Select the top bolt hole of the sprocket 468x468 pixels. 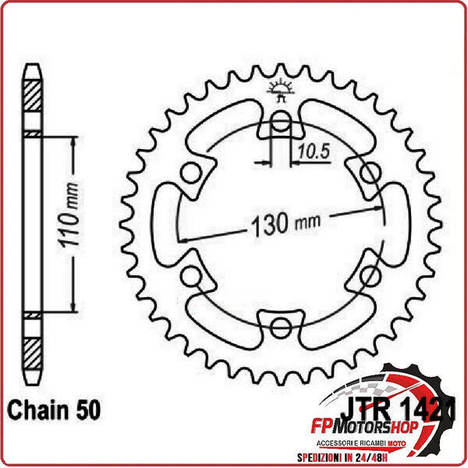click(282, 120)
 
